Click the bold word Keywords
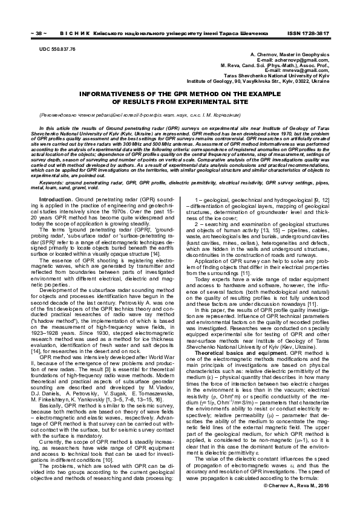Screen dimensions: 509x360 pyautogui.click(x=52, y=165)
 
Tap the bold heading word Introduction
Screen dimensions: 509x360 pyautogui.click(x=56, y=182)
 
